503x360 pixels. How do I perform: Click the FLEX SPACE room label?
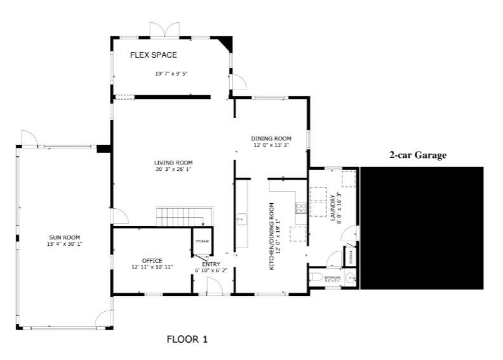coord(153,55)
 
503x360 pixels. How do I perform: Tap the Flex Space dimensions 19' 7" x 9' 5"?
coord(171,74)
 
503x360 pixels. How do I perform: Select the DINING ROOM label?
coord(271,138)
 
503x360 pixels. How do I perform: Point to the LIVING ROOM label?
coord(173,163)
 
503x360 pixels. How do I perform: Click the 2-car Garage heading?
coord(418,155)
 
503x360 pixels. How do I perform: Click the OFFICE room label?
coord(152,260)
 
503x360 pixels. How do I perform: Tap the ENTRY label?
coord(210,264)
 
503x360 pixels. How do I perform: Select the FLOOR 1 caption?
coord(187,339)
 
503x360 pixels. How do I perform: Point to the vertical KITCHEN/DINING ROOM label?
coord(272,237)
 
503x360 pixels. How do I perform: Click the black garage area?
coord(422,227)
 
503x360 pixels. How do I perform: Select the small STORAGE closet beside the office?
coord(202,241)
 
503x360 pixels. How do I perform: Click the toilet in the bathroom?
coord(316,277)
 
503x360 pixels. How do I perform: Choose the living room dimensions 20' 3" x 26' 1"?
coord(173,170)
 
